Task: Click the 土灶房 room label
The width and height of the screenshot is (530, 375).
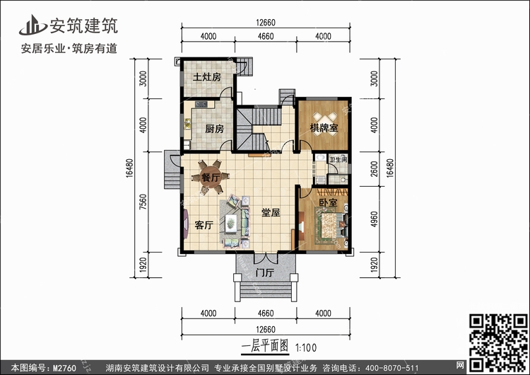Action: (x=208, y=77)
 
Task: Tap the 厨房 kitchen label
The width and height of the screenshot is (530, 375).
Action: (x=215, y=129)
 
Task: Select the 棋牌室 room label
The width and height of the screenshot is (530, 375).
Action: (x=324, y=127)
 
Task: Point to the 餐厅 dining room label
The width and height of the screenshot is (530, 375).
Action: (x=211, y=178)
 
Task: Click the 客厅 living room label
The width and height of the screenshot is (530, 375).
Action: (x=204, y=225)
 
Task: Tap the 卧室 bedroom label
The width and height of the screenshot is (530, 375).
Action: (x=328, y=203)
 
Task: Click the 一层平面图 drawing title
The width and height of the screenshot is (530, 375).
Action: (x=266, y=347)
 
